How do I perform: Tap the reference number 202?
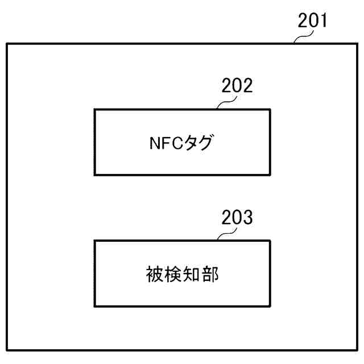point(237,87)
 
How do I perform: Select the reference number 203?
point(237,218)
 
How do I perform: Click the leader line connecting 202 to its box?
point(227,103)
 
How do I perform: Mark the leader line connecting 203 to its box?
point(227,234)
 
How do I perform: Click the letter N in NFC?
point(147,142)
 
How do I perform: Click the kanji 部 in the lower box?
point(212,274)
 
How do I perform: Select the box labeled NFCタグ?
point(182,122)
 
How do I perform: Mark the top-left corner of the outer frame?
point(7,44)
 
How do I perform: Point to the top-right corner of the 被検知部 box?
point(270,241)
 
